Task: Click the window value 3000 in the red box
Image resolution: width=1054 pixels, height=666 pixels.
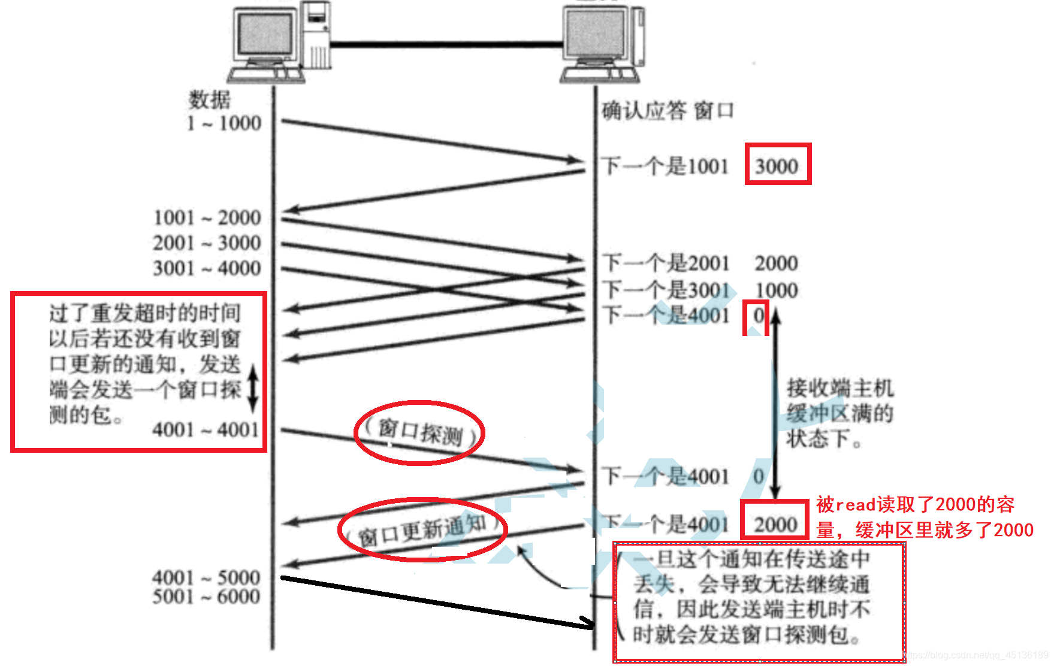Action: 777,166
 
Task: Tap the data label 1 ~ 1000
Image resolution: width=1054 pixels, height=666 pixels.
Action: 224,123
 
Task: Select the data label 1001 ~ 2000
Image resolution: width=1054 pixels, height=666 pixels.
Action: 207,217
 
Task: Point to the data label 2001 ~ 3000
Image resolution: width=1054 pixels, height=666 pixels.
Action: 207,243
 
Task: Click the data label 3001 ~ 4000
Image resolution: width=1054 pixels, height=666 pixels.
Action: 207,268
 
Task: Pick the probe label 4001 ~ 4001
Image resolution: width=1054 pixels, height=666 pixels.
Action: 206,429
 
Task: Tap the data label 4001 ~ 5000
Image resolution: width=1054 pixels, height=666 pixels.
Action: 206,577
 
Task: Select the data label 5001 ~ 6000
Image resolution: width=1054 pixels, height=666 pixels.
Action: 206,597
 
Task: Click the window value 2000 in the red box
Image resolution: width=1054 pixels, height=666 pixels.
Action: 775,525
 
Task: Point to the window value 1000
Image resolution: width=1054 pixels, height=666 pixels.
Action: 777,290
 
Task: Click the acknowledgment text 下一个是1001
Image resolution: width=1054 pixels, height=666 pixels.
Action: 665,166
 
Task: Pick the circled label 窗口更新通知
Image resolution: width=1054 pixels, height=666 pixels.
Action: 423,530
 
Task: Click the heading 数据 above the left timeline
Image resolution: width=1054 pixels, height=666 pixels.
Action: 210,99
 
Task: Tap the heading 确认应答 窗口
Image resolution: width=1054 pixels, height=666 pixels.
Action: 668,111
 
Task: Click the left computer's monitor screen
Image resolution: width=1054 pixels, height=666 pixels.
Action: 265,34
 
